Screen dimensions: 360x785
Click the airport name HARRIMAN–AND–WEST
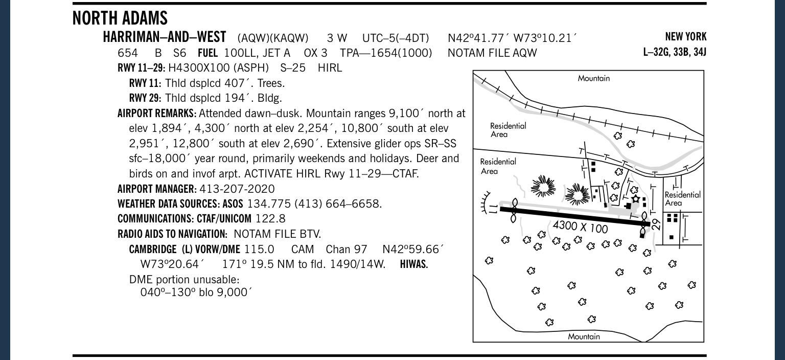164,37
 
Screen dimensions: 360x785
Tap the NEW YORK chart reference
685,37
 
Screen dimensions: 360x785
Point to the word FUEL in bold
207,53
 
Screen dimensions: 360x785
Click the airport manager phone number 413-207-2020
237,189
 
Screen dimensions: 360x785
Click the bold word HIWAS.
414,264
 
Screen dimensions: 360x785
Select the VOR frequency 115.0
259,250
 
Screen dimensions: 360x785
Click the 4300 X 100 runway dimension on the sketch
580,226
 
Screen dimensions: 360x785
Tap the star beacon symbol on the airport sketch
635,198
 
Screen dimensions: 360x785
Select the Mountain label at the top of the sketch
593,78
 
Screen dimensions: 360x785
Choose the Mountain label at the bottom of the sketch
584,336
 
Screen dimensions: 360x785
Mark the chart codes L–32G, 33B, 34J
675,52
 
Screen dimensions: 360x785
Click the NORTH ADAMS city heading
120,18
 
